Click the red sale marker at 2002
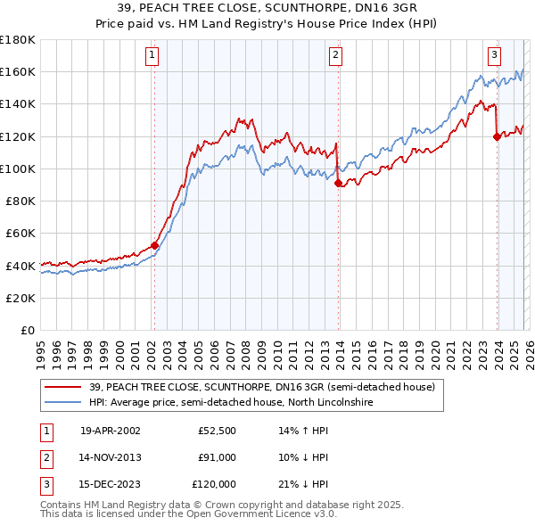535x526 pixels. click(154, 245)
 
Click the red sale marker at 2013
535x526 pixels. click(338, 184)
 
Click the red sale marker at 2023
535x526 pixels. click(497, 136)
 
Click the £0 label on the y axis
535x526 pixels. click(29, 331)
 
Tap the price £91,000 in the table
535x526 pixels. click(218, 457)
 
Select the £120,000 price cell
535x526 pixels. click(214, 484)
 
